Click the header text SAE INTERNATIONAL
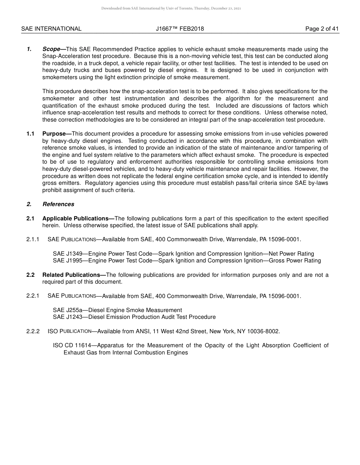tap(51, 29)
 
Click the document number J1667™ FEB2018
tap(180, 29)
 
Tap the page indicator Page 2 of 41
tap(322, 29)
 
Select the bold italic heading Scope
tap(51, 49)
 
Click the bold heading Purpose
tap(56, 134)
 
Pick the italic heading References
tap(58, 204)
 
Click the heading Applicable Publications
tap(78, 218)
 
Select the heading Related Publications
tap(74, 275)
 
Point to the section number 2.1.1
tap(33, 239)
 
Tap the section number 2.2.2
tap(33, 331)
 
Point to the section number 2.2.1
tap(33, 296)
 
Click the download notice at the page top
tap(171, 8)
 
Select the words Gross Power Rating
tap(295, 261)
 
